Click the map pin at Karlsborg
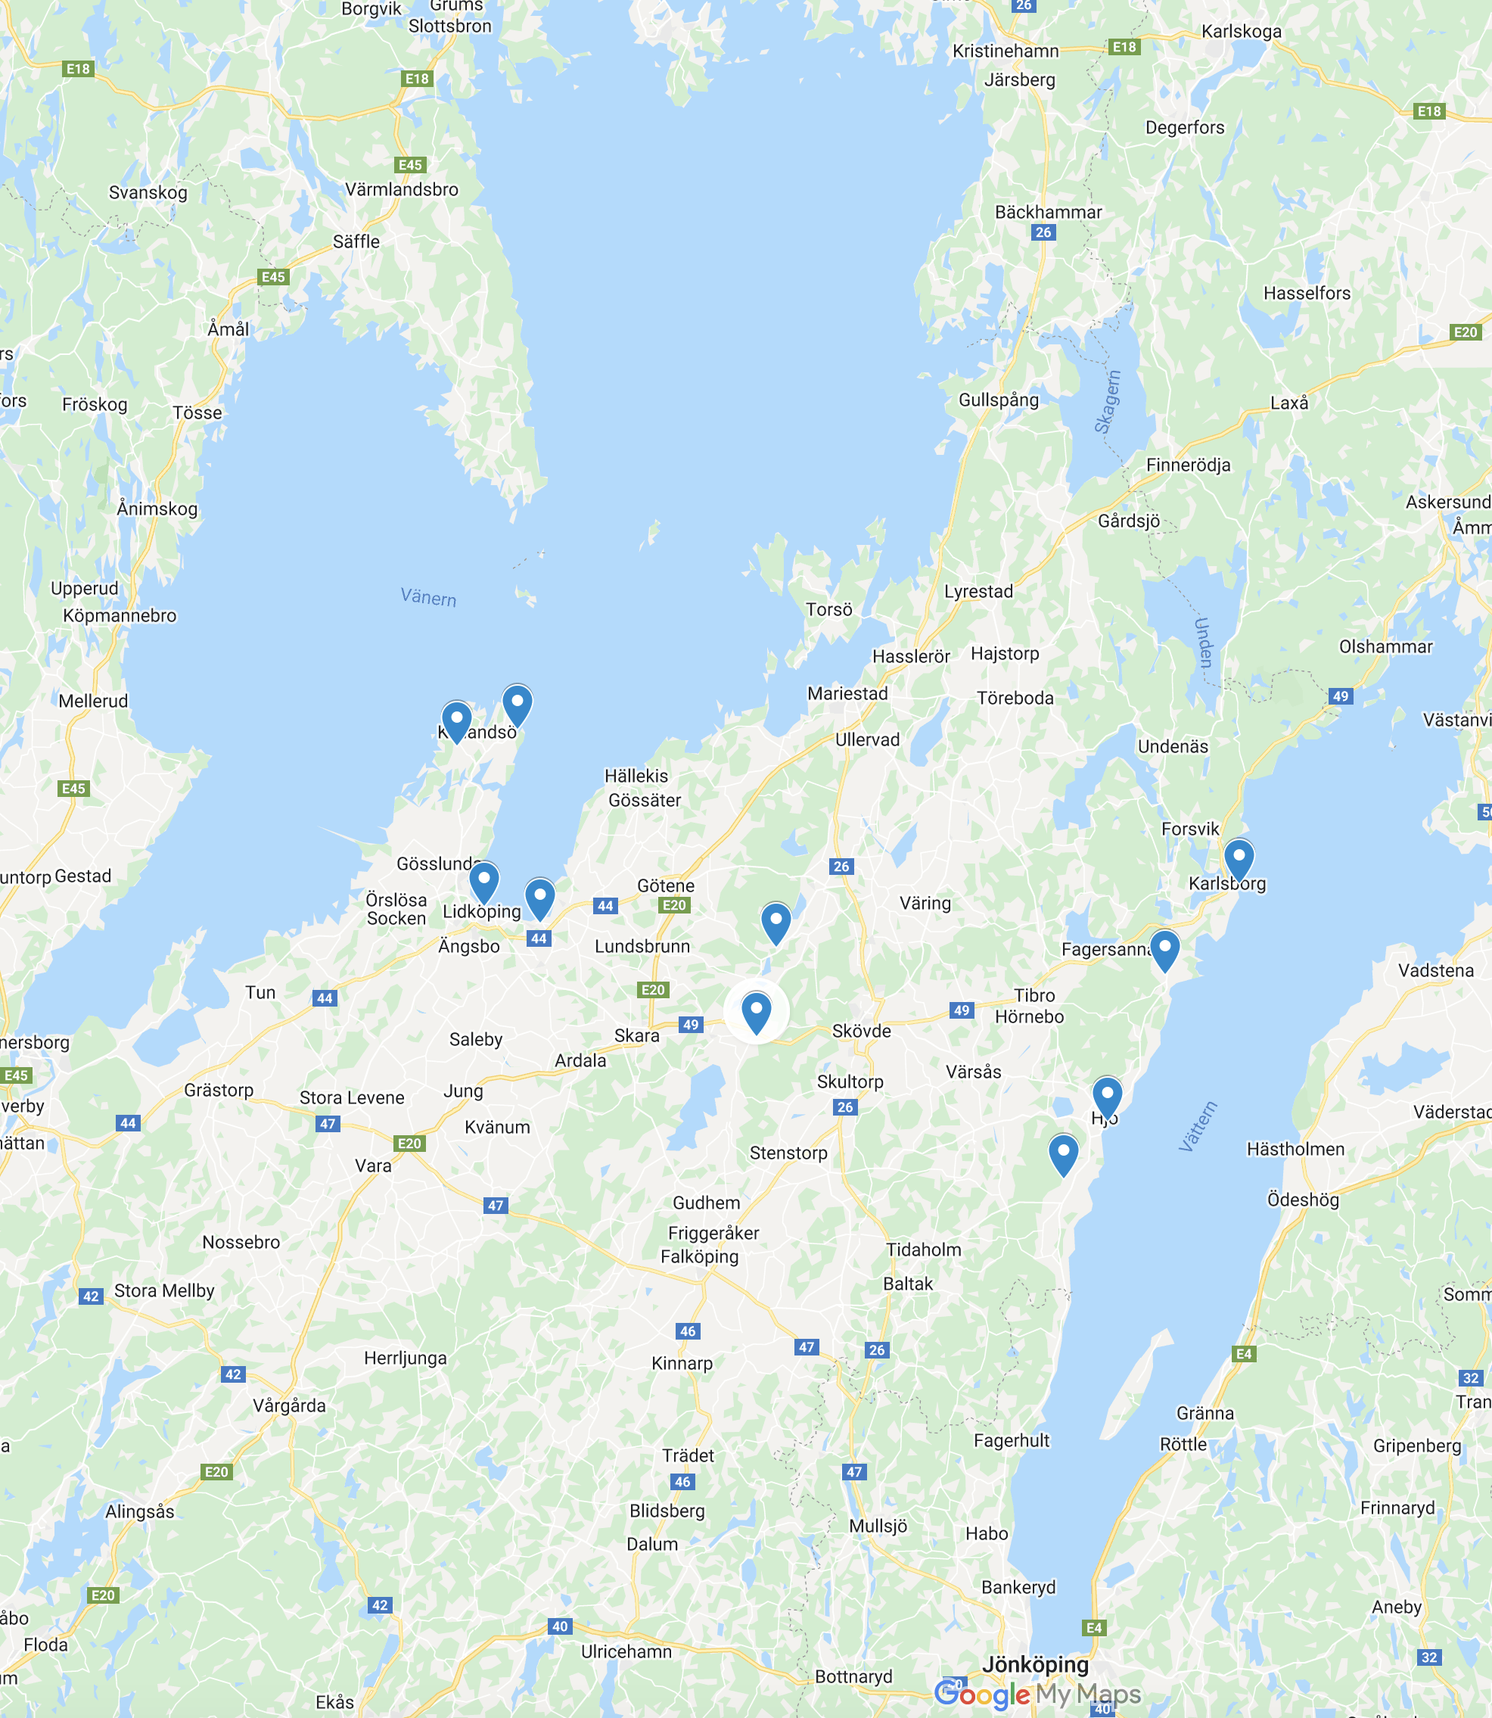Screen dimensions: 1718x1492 click(x=1238, y=857)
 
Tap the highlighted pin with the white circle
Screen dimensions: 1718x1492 click(x=756, y=1011)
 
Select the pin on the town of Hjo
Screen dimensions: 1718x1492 click(x=1106, y=1095)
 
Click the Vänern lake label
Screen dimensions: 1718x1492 click(x=428, y=597)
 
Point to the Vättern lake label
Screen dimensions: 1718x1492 click(x=1198, y=1126)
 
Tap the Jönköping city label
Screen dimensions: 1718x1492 click(x=1035, y=1664)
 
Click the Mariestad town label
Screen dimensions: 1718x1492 click(x=847, y=692)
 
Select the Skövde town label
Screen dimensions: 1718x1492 click(x=862, y=1031)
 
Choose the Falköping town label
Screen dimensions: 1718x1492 click(x=699, y=1256)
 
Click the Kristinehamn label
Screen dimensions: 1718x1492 click(x=1006, y=51)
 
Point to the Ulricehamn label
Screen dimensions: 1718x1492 click(x=626, y=1651)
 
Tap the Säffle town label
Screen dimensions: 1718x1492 click(x=356, y=241)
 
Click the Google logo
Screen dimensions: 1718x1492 click(x=983, y=1694)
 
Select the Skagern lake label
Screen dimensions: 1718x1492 click(x=1108, y=402)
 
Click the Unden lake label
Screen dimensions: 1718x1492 click(x=1203, y=642)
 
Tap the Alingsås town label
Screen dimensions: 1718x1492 click(x=140, y=1511)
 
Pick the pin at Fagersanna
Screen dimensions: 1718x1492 click(x=1164, y=948)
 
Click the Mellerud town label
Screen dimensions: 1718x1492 click(x=93, y=700)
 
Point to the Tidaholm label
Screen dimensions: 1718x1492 click(x=923, y=1250)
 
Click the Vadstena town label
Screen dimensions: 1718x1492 click(x=1436, y=970)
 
